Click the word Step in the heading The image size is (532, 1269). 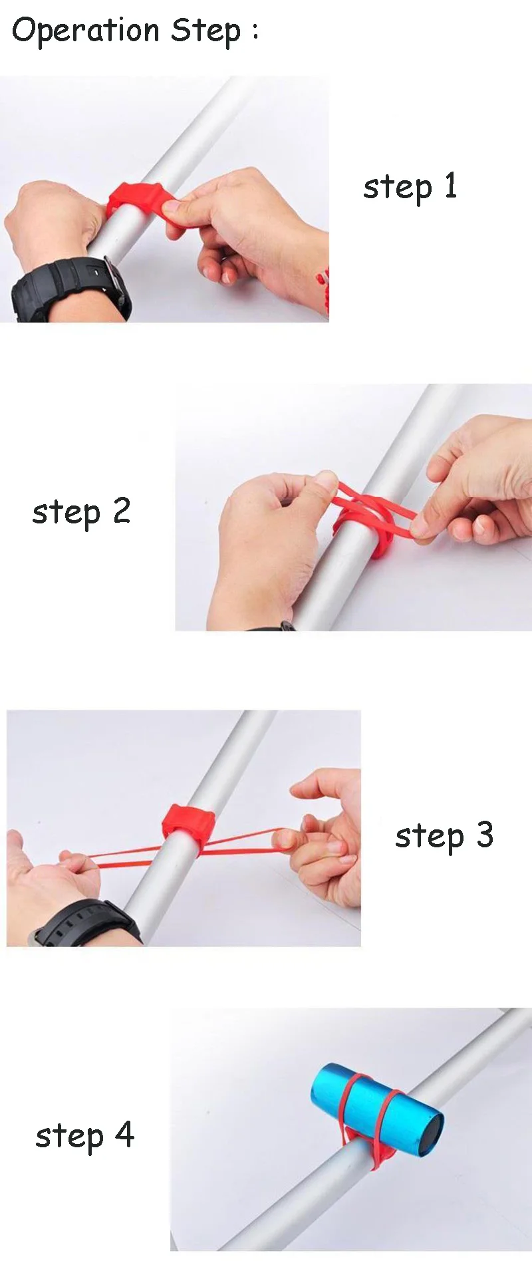pos(206,31)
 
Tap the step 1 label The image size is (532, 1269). pos(410,187)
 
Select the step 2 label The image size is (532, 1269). pos(81,512)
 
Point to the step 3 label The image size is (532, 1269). pos(444,836)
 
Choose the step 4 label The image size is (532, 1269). pos(84,1135)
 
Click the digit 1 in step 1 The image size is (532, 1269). pos(451,185)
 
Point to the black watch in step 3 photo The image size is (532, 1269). pos(86,924)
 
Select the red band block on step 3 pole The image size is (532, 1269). pos(188,829)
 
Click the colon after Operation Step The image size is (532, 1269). pos(255,32)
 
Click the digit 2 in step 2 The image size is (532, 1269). pos(121,510)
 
